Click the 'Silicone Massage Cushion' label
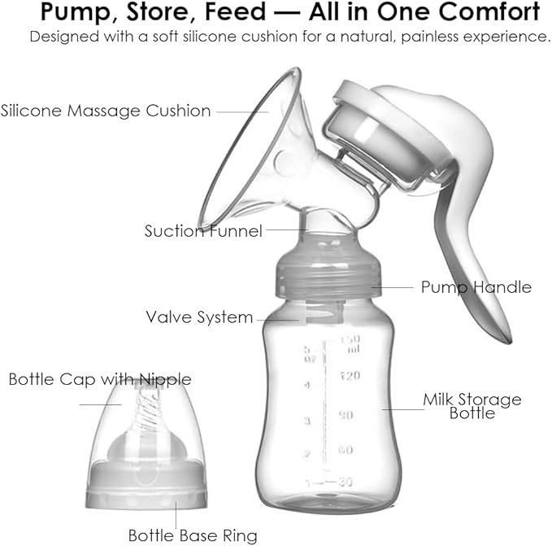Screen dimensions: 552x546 click(106, 111)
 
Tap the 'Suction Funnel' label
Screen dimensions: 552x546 click(203, 231)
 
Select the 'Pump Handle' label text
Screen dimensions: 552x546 click(476, 287)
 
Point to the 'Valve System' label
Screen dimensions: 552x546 click(199, 317)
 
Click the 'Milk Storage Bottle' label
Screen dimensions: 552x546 click(472, 406)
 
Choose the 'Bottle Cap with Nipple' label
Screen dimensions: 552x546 click(100, 380)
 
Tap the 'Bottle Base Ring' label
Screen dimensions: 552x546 click(193, 535)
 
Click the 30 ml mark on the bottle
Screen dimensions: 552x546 click(346, 481)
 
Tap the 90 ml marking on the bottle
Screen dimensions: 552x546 click(346, 415)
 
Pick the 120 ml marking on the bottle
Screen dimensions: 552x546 click(350, 376)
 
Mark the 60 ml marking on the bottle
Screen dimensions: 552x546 click(346, 450)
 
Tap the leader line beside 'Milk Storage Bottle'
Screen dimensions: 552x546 click(403, 409)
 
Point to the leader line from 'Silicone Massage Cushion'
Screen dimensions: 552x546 click(242, 112)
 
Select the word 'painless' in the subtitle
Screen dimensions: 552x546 click(430, 37)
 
